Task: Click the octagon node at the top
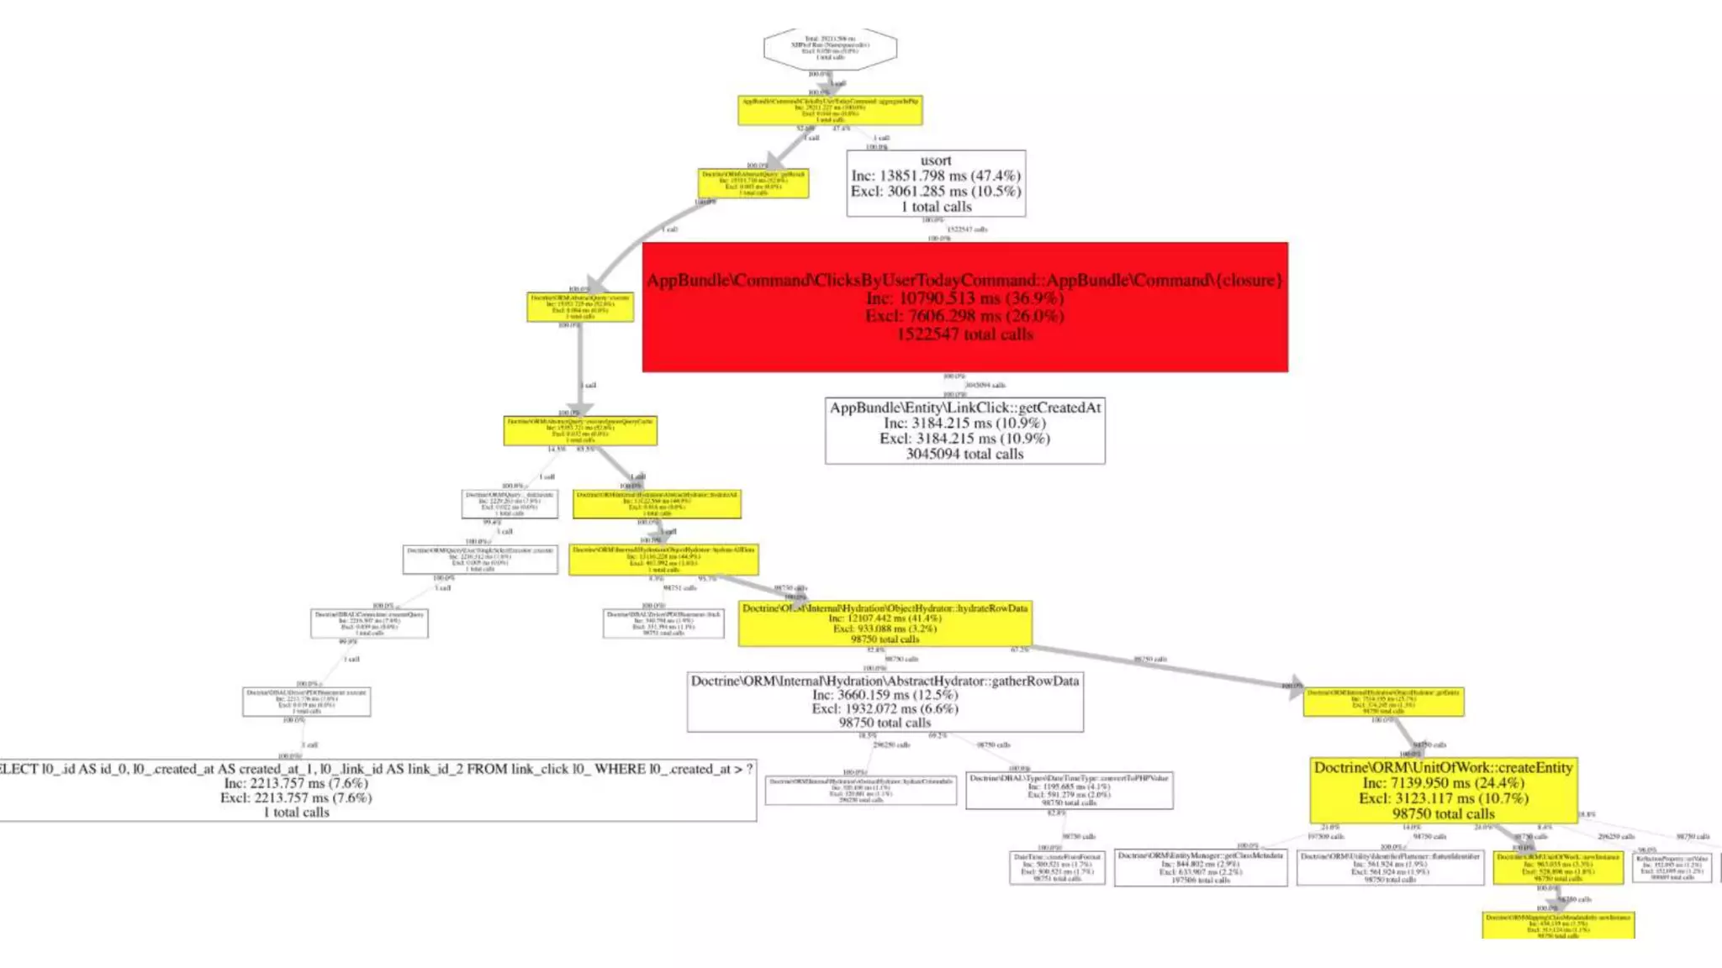(x=830, y=48)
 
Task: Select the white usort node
(x=936, y=183)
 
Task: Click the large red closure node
(x=964, y=307)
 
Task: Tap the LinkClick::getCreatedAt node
(x=964, y=430)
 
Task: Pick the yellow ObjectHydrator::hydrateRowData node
(x=885, y=623)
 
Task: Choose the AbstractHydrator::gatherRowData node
(x=885, y=702)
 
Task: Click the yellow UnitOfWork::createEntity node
(x=1443, y=790)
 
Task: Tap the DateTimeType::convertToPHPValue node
(x=1069, y=791)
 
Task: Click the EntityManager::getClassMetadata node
(x=1200, y=867)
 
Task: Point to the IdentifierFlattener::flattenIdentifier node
(x=1389, y=867)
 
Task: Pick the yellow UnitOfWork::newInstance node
(x=1558, y=867)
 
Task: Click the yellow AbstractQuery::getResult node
(x=753, y=183)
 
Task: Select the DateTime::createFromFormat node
(x=1057, y=867)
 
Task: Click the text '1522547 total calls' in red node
(x=964, y=334)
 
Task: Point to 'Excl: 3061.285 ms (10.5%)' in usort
(x=936, y=192)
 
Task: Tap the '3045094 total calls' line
(x=964, y=455)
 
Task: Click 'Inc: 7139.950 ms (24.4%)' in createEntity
(x=1443, y=783)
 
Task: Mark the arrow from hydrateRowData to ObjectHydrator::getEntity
(x=1169, y=666)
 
